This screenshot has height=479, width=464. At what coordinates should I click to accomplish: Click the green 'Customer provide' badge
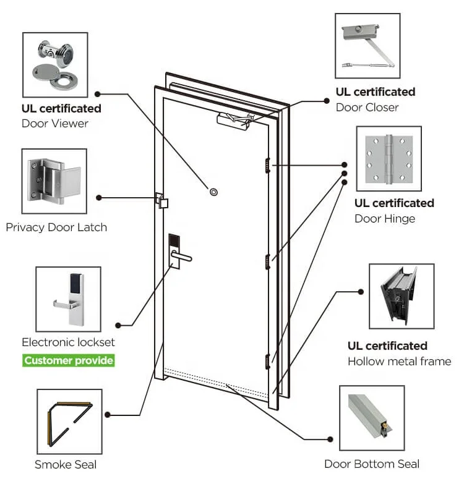point(69,360)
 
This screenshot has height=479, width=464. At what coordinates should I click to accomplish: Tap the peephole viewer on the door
point(213,192)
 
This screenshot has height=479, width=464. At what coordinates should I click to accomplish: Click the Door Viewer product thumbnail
point(54,64)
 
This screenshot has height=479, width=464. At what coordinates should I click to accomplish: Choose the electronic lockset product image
point(68,298)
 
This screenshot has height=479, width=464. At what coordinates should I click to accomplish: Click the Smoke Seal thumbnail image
point(69,421)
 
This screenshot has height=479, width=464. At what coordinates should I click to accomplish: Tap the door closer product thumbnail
point(367,48)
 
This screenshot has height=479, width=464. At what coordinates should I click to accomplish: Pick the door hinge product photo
point(389,159)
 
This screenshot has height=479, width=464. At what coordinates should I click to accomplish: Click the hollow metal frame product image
point(401,297)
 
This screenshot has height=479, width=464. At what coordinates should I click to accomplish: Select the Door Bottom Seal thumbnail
point(371,418)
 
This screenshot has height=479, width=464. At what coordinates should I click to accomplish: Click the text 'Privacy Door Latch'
point(56,227)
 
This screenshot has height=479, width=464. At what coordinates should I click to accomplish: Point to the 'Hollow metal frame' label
point(399,362)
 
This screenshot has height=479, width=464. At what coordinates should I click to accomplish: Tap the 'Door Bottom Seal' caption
point(372,464)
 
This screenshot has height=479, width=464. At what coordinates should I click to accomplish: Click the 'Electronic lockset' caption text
point(68,342)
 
